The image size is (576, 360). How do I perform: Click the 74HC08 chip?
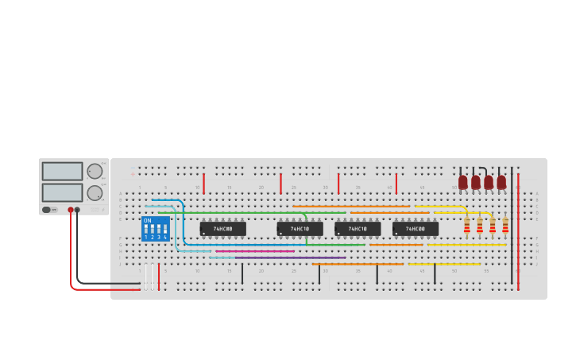pyautogui.click(x=222, y=229)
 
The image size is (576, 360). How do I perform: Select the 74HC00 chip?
pyautogui.click(x=415, y=229)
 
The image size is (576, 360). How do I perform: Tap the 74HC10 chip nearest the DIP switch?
pyautogui.click(x=300, y=229)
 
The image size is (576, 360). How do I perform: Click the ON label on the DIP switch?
pyautogui.click(x=148, y=220)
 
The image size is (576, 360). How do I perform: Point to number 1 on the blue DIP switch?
pyautogui.click(x=146, y=237)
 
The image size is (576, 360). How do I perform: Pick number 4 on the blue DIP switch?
pyautogui.click(x=164, y=237)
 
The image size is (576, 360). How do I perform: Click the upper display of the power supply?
pyautogui.click(x=62, y=171)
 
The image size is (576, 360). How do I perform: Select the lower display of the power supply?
pyautogui.click(x=62, y=192)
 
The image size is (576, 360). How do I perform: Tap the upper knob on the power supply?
pyautogui.click(x=95, y=171)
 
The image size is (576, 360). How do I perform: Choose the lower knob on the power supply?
pyautogui.click(x=95, y=192)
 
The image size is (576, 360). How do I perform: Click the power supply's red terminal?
pyautogui.click(x=71, y=210)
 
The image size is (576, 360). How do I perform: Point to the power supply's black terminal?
pyautogui.click(x=77, y=210)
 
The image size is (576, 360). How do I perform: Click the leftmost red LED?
pyautogui.click(x=463, y=182)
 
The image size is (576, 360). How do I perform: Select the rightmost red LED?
pyautogui.click(x=501, y=182)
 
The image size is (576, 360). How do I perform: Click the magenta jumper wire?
pyautogui.click(x=254, y=251)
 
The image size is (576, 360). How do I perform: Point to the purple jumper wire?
pyautogui.click(x=290, y=257)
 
